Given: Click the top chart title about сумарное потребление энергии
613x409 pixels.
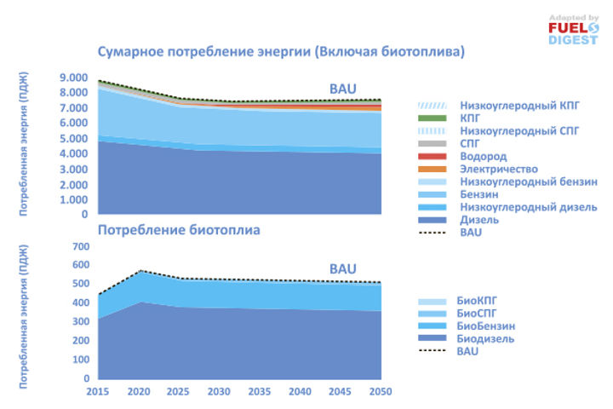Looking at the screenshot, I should click(281, 53).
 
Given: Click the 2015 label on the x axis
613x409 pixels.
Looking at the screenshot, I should click(99, 391).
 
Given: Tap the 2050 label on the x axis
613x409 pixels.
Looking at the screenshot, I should click(381, 391).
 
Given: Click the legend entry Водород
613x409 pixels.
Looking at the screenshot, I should click(483, 157).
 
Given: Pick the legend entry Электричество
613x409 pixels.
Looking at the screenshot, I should click(499, 170).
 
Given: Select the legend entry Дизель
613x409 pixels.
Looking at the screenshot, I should click(479, 219).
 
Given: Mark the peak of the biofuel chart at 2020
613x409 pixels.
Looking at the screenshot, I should click(139, 271).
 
